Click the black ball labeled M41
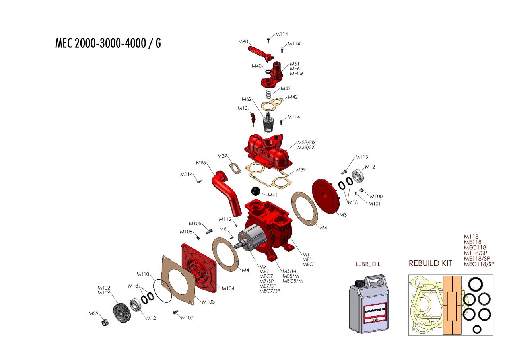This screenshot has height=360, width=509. point(256,191)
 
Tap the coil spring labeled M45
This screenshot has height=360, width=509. point(268,95)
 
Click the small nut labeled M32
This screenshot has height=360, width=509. point(105,322)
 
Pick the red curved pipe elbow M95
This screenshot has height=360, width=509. point(226,193)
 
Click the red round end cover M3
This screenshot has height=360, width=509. point(325,196)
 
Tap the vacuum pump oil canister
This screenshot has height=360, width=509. point(369,304)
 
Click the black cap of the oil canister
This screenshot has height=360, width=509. point(359,283)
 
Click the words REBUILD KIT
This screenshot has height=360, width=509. point(430,263)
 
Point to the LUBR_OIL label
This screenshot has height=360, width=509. point(368,264)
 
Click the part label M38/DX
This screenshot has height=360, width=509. point(307,142)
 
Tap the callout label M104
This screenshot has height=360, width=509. point(228,288)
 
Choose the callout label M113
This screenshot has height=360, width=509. point(361,157)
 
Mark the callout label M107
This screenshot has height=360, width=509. point(187,318)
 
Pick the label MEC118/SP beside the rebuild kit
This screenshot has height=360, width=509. point(479,264)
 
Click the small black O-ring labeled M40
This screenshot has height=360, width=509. point(268,72)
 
